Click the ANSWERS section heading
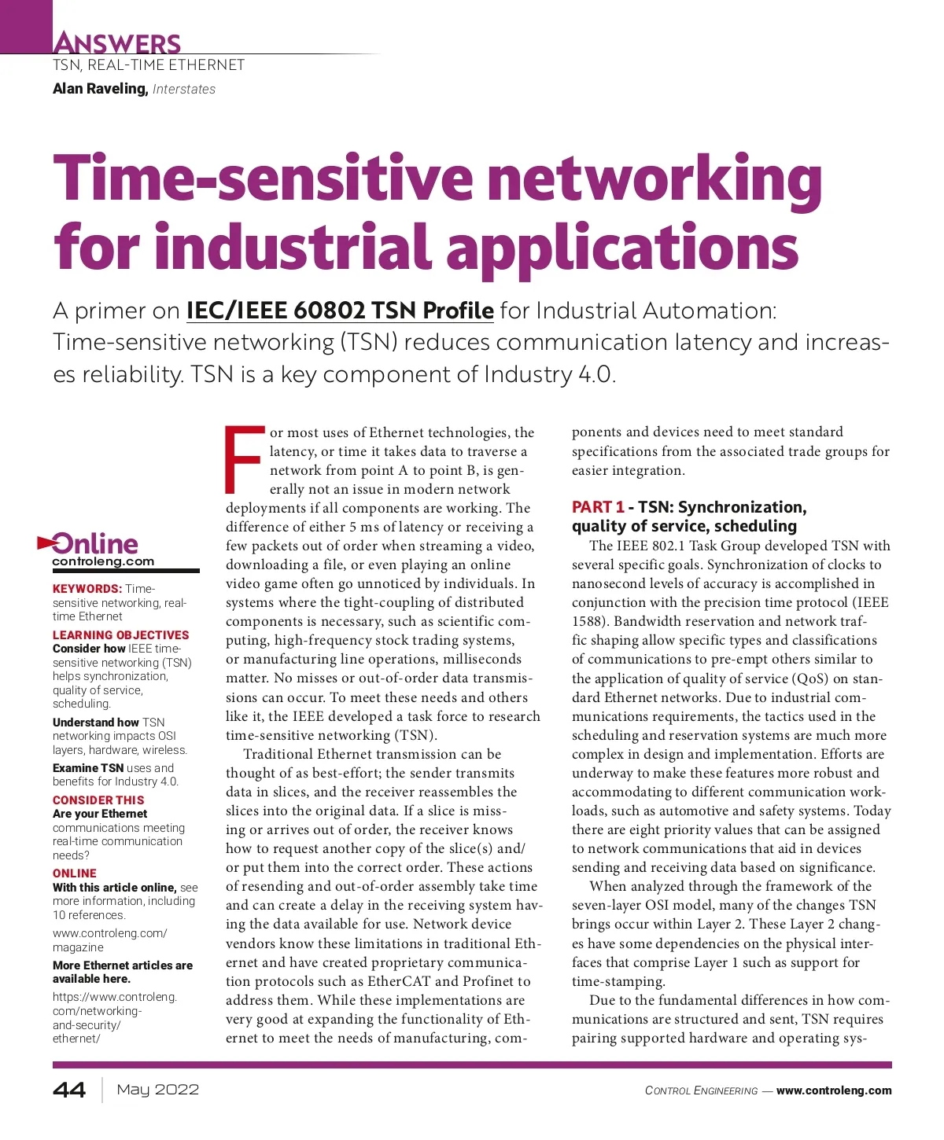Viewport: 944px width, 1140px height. coord(116,42)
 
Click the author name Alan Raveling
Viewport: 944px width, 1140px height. coord(100,89)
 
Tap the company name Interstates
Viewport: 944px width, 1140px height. coord(184,90)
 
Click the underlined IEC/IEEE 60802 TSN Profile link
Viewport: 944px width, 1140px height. coord(340,311)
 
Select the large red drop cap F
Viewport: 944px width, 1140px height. coord(245,458)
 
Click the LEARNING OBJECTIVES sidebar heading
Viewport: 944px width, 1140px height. coord(121,635)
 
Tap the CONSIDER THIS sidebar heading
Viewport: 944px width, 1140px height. coord(98,800)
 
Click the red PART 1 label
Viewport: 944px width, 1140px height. coord(598,507)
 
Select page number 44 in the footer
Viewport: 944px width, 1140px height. coord(69,1090)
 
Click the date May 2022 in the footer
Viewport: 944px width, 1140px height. coord(157,1090)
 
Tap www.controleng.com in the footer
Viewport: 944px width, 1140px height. coord(834,1090)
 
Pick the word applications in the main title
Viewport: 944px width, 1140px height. coord(622,247)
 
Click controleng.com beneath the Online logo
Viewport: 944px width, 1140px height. coord(103,561)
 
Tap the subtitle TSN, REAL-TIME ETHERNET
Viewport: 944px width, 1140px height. coord(149,65)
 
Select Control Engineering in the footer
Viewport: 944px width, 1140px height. coord(701,1090)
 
